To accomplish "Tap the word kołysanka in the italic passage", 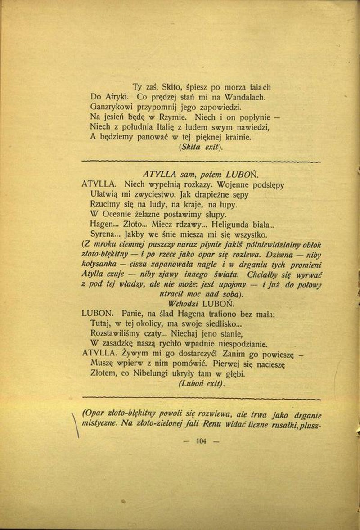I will pyautogui.click(x=100, y=265).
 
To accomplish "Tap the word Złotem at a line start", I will pyautogui.click(x=103, y=373).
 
